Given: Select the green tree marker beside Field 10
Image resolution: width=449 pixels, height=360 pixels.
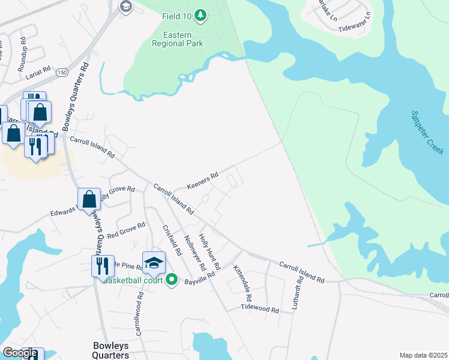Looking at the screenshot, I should click(202, 14).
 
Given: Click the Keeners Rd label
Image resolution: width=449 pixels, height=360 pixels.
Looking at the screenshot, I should click(202, 178).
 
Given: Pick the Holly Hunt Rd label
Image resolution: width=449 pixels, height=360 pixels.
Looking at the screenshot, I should click(211, 251).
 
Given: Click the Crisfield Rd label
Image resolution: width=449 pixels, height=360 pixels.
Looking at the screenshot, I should click(172, 240).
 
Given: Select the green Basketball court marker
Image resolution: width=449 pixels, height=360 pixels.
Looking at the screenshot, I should click(172, 279).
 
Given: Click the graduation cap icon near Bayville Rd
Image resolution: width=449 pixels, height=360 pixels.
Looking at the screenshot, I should click(154, 262).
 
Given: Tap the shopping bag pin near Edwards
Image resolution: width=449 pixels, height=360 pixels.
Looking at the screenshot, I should click(89, 198).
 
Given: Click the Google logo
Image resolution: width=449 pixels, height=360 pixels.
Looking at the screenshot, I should click(19, 353).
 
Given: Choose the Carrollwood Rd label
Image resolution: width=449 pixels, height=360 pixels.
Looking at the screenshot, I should click(139, 322).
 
